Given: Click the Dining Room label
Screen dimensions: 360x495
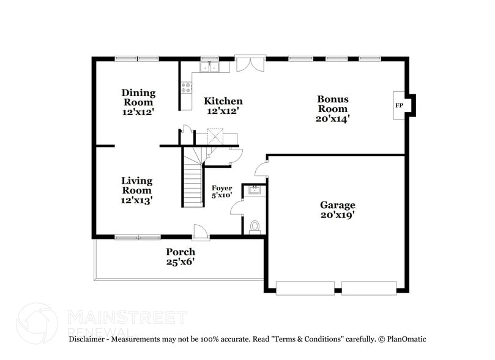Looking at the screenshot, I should click(x=139, y=98).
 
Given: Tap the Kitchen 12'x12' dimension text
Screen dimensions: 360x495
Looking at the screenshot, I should click(x=223, y=111).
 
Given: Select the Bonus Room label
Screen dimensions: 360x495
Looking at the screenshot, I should click(x=332, y=103).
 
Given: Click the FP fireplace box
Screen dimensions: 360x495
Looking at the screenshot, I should click(x=399, y=105).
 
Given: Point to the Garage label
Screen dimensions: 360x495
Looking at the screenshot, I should click(x=337, y=205).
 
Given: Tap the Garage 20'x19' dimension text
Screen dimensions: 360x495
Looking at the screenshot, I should click(x=337, y=215).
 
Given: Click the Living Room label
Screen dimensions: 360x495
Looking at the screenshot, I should click(x=136, y=186).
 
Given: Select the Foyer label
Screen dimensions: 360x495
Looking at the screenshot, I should click(x=221, y=188).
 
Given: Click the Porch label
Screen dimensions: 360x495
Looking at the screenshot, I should click(x=181, y=252).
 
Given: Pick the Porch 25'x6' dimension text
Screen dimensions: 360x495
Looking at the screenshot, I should click(x=181, y=262).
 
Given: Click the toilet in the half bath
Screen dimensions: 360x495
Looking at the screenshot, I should click(x=255, y=227).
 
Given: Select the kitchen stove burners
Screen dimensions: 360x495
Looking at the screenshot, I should click(x=186, y=88).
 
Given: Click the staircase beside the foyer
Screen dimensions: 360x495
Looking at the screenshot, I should click(x=194, y=181).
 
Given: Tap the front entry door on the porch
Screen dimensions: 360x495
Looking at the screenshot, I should click(x=201, y=231).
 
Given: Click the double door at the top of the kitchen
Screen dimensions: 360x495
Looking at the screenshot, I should click(x=250, y=64).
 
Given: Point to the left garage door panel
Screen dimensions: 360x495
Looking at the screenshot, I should click(x=305, y=287).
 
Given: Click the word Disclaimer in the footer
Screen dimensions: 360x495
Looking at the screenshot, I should click(x=89, y=339).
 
